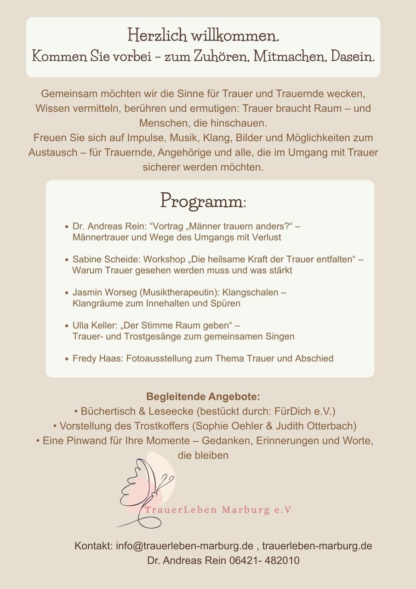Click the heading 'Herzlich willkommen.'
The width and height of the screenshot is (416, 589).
(203, 35)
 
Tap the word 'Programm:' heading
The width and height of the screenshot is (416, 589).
(203, 200)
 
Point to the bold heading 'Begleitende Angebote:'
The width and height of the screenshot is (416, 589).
(203, 397)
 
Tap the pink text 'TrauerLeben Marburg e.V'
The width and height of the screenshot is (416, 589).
(218, 510)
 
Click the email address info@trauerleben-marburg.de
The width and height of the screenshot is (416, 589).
(184, 546)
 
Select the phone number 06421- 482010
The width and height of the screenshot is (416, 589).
(264, 560)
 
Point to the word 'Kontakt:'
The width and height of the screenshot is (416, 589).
(94, 546)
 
